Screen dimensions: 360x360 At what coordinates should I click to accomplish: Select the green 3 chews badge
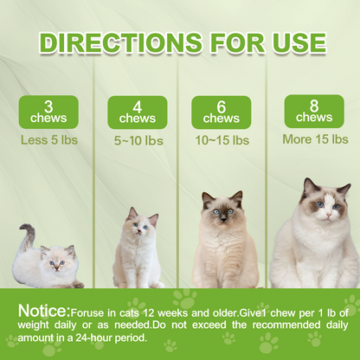pyautogui.click(x=48, y=112)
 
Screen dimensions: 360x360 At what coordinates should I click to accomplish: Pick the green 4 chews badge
pyautogui.click(x=137, y=112)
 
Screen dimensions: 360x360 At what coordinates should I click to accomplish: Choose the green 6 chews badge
pyautogui.click(x=222, y=112)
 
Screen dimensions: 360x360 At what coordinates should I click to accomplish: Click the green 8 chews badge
pyautogui.click(x=313, y=111)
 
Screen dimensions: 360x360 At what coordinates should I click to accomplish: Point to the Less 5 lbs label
pyautogui.click(x=48, y=138)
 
